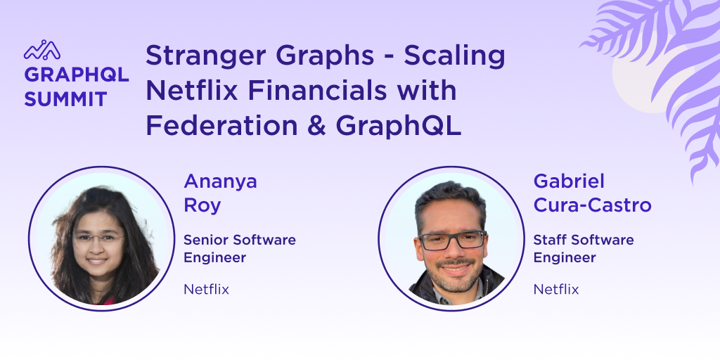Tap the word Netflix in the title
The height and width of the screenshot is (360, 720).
point(192,90)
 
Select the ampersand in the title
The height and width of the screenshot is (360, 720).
point(316,126)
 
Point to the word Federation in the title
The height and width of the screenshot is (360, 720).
point(221,126)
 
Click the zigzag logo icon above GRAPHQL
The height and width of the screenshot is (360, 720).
point(42,50)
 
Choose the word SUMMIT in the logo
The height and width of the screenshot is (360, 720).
point(65,99)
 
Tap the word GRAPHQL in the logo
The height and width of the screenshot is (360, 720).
point(76,75)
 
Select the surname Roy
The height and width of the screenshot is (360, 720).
point(202,205)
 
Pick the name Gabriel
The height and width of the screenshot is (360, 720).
point(569,181)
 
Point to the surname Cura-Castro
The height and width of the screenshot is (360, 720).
point(592,205)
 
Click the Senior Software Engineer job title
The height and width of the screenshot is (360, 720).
point(240,248)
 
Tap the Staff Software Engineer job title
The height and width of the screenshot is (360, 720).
point(584,248)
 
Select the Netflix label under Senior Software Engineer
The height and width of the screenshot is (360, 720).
point(206,289)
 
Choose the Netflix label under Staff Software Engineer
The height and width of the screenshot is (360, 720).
point(556,289)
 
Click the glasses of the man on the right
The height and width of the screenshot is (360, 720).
point(452,240)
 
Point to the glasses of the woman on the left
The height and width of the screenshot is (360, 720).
point(98,238)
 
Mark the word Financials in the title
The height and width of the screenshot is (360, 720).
point(318,90)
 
